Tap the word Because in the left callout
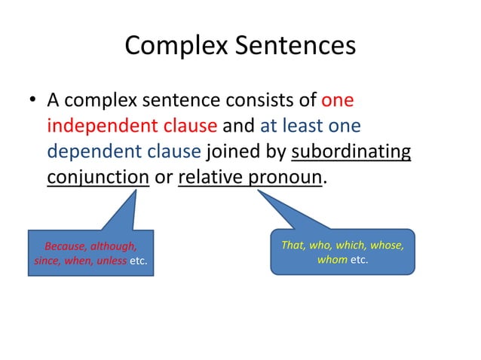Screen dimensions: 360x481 click(x=68, y=246)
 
